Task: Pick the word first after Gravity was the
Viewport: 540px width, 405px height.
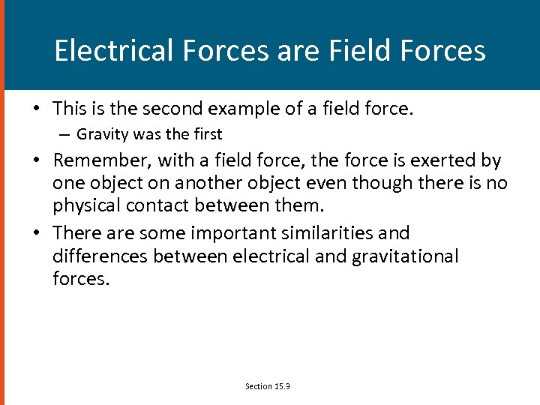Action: click(206, 134)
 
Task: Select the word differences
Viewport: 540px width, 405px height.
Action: click(100, 256)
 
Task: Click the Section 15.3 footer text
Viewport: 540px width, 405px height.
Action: click(268, 386)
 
